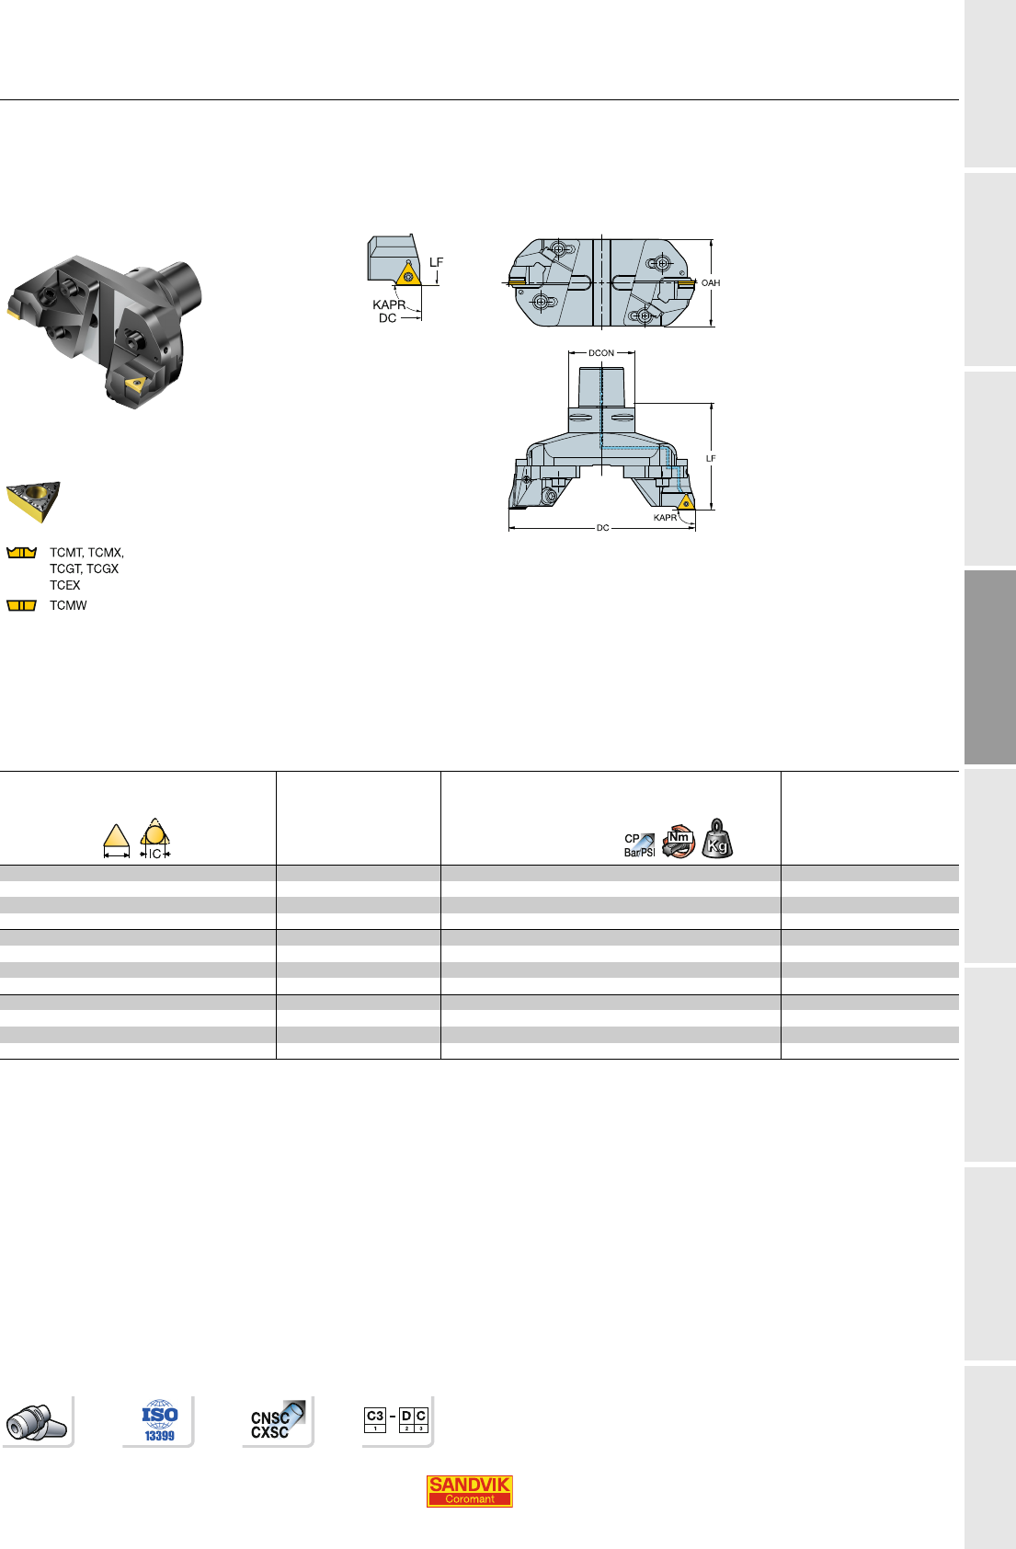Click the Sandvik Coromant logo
469,1491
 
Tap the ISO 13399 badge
160,1421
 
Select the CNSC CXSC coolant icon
277,1421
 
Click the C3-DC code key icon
396,1419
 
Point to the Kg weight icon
717,839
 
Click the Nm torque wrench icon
678,841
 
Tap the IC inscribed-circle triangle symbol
154,838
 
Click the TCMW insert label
68,605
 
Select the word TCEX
65,585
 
